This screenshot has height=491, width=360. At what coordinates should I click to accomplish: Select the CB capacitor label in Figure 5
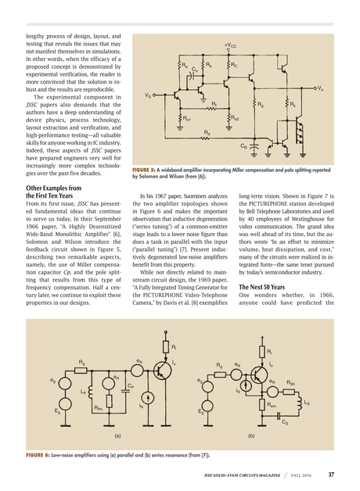coord(243,145)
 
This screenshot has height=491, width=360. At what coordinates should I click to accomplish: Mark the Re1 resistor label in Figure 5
coord(186,118)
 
